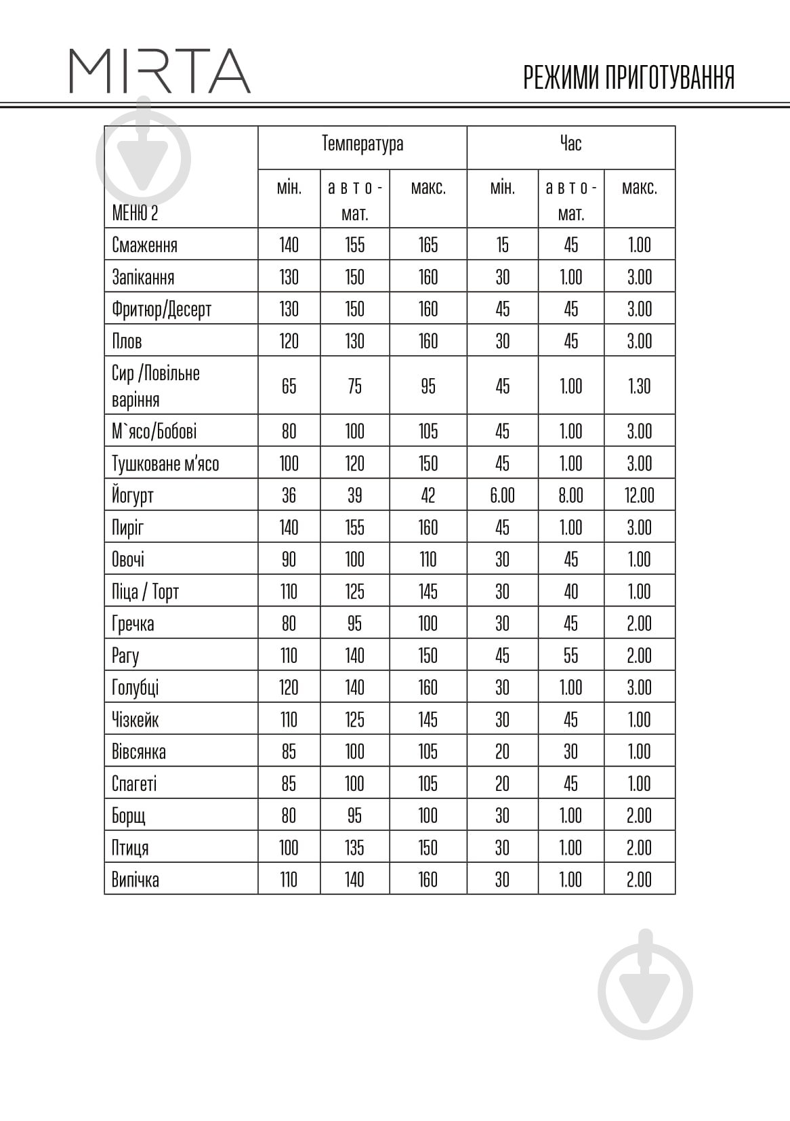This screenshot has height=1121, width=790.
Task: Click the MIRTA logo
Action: click(x=160, y=70)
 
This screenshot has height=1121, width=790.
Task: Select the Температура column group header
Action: click(x=362, y=144)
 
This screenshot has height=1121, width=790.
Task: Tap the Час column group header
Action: click(x=570, y=144)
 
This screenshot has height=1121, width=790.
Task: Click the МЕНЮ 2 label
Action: click(x=135, y=213)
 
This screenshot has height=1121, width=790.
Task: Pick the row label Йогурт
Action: click(x=133, y=495)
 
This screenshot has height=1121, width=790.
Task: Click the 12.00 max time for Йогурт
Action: click(x=639, y=495)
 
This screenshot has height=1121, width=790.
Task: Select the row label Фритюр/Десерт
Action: click(x=161, y=309)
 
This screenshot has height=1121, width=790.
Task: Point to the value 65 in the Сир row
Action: click(x=289, y=386)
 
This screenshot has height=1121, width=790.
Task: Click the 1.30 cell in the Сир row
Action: click(x=639, y=386)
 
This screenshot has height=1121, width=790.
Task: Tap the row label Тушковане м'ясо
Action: click(x=165, y=464)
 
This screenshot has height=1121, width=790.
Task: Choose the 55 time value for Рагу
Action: click(x=570, y=655)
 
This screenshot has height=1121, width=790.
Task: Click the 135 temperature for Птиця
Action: click(x=354, y=848)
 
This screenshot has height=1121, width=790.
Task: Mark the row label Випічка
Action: click(x=136, y=880)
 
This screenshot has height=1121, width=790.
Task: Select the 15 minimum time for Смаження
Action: click(x=502, y=245)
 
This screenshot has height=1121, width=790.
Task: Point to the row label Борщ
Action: click(x=129, y=815)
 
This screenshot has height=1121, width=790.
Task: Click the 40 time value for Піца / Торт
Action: click(x=570, y=592)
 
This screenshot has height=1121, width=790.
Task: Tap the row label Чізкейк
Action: click(x=136, y=719)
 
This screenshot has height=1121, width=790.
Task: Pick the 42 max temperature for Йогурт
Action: click(x=428, y=495)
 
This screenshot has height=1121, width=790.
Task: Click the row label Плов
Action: click(x=127, y=341)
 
